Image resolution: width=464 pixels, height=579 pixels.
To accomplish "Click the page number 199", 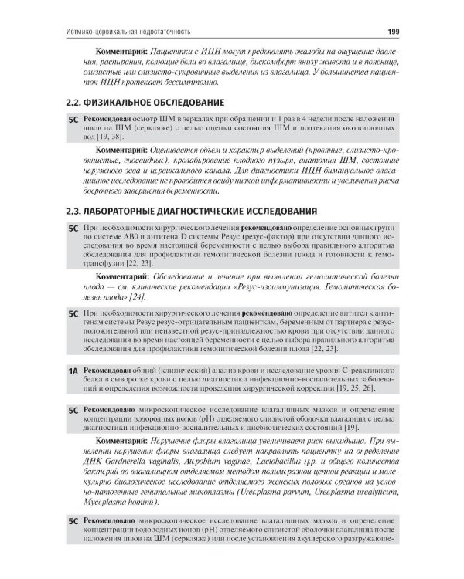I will click(x=392, y=31).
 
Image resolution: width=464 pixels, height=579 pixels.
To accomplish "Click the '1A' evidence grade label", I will click(x=73, y=371).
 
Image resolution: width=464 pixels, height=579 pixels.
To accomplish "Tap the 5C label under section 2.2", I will click(x=73, y=121).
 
